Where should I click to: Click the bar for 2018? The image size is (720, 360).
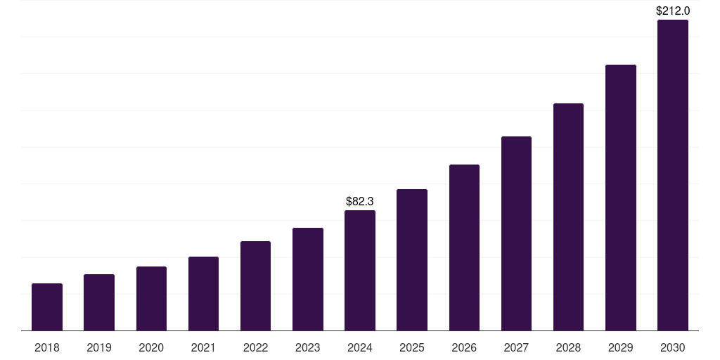[47, 307]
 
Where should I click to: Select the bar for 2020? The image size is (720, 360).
[151, 299]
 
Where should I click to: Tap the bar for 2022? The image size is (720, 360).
[255, 286]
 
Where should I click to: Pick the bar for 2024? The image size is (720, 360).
[360, 271]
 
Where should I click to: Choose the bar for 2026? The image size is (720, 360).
[464, 247]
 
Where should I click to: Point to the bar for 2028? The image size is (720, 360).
[568, 217]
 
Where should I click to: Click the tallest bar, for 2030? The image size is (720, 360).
[673, 175]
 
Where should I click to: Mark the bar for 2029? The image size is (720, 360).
[621, 198]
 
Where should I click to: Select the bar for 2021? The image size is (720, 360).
[203, 294]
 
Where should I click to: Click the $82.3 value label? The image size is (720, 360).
[360, 202]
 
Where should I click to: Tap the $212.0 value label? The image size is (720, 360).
[673, 11]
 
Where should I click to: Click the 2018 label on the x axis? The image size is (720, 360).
[47, 347]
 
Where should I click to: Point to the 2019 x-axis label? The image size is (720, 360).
[99, 347]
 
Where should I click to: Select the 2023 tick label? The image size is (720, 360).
[308, 347]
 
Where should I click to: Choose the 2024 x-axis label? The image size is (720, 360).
[360, 347]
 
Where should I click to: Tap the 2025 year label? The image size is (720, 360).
[412, 347]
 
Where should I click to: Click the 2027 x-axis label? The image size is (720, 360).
[516, 347]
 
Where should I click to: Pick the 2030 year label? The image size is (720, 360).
[673, 347]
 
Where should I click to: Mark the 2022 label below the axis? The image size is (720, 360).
[255, 347]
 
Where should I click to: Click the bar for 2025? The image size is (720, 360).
[412, 260]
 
